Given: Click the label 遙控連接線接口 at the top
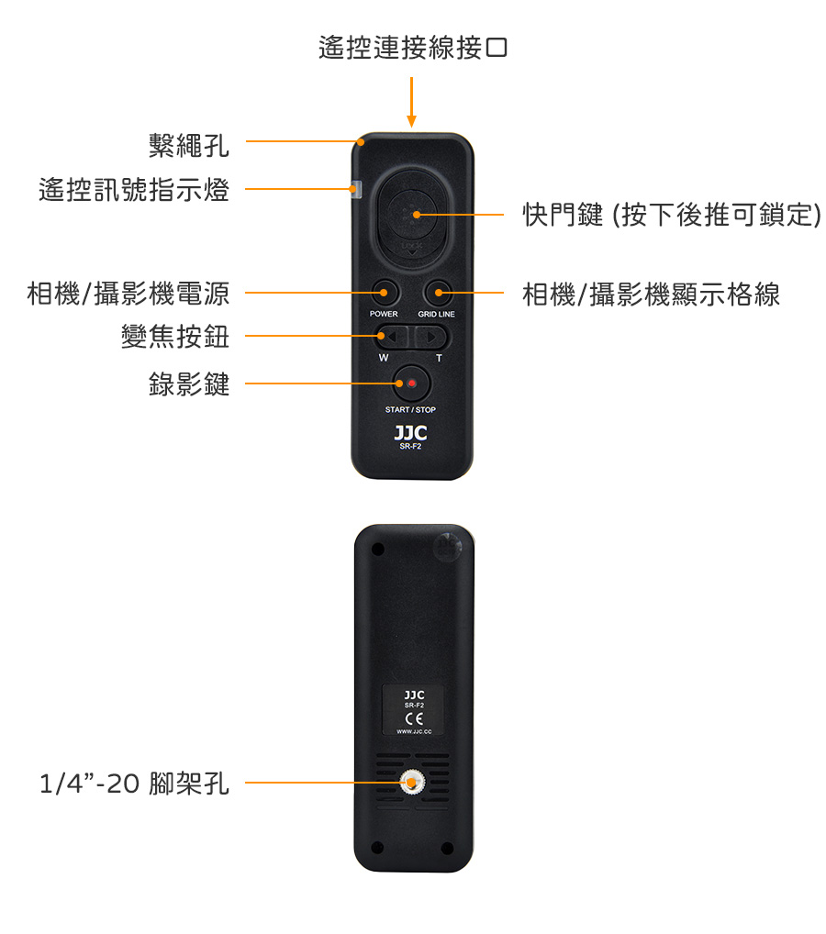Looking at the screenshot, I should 412,48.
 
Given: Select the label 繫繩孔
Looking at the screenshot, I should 189,144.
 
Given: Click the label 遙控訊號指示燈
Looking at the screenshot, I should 134,190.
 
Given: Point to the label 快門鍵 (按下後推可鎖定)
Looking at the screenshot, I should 671,215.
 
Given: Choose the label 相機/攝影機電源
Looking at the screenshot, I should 128,295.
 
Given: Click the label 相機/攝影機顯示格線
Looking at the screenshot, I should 651,295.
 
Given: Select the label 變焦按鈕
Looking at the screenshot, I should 175,337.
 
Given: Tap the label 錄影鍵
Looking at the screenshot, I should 189,384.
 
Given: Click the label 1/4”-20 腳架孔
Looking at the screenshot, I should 134,784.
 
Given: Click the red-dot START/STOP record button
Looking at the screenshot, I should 412,384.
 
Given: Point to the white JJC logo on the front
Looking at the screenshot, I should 410,432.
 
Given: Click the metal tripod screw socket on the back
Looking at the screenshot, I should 412,783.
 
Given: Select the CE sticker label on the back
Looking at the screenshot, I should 413,710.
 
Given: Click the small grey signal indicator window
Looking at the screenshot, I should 357,190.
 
